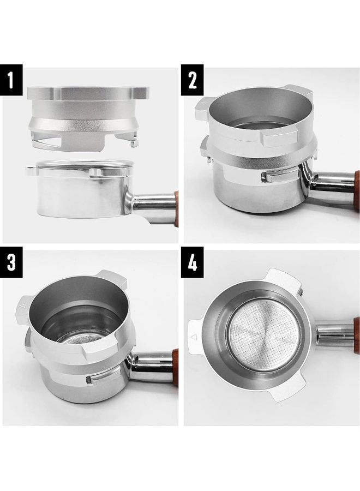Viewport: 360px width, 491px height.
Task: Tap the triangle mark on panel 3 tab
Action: point(22,308)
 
